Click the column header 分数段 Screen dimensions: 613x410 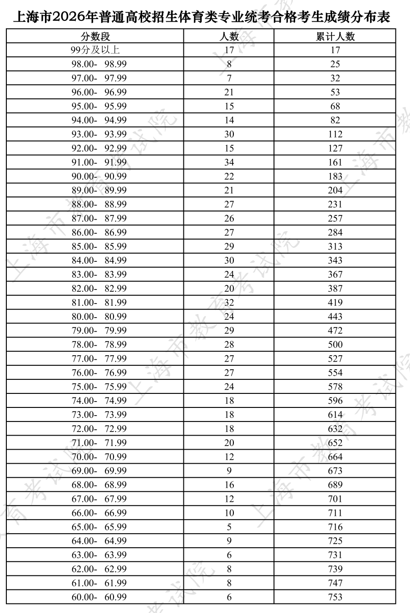95,36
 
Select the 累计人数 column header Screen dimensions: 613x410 335,36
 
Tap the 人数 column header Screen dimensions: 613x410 229,36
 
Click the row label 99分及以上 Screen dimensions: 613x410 95,50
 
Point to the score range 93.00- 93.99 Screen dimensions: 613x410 99,134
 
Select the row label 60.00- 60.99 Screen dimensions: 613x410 99,597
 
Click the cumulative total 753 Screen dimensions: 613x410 335,597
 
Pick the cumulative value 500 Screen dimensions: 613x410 335,344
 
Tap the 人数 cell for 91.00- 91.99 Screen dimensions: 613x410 229,162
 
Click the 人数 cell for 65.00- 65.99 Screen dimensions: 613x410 229,527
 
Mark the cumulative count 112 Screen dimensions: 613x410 335,134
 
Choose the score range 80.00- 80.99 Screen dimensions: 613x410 99,316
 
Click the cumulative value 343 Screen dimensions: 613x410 335,260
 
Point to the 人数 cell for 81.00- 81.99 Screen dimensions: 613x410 229,302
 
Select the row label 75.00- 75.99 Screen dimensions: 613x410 99,387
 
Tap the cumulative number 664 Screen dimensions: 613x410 335,456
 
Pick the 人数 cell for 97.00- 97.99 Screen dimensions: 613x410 229,78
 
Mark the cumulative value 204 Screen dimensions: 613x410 335,190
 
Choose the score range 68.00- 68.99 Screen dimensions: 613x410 99,485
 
